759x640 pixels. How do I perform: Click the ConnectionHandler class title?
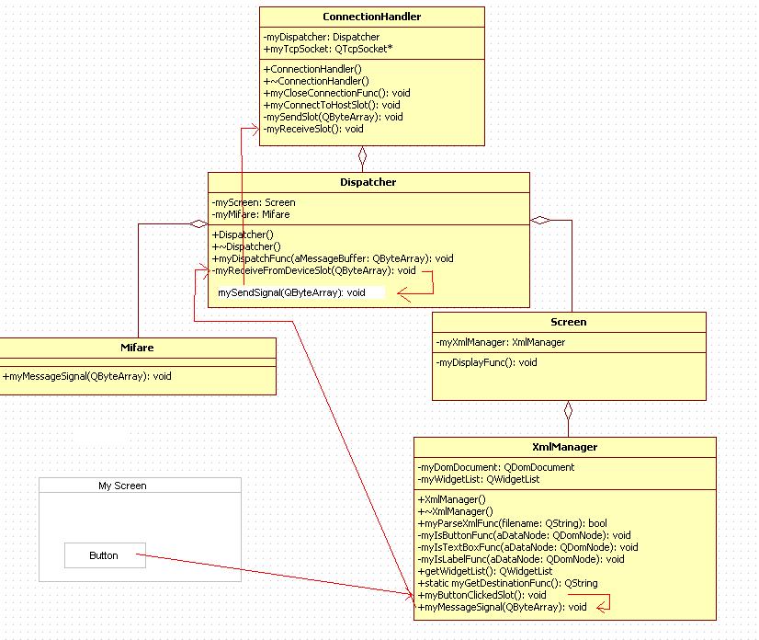click(372, 17)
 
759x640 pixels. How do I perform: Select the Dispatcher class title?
click(368, 182)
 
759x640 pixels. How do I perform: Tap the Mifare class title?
click(137, 348)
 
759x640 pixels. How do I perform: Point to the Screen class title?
click(568, 322)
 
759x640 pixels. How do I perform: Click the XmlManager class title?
click(564, 447)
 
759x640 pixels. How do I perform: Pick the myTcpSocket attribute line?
click(328, 49)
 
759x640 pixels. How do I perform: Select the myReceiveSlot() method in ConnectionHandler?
click(313, 129)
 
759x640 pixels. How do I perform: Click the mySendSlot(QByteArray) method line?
click(333, 117)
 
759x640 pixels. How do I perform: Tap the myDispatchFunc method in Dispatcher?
click(333, 258)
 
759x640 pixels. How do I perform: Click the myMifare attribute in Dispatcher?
click(251, 214)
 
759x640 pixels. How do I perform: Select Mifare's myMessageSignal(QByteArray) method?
click(87, 376)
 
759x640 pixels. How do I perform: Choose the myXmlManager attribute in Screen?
click(501, 342)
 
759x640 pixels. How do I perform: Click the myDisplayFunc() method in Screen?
click(486, 362)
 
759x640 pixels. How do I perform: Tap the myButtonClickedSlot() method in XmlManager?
click(482, 595)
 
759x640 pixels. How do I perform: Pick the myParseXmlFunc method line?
click(512, 523)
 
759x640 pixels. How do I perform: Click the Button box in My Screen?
click(105, 555)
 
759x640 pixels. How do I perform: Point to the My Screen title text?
click(122, 486)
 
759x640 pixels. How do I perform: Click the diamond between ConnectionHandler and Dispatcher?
click(362, 155)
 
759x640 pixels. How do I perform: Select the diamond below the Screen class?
click(568, 411)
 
